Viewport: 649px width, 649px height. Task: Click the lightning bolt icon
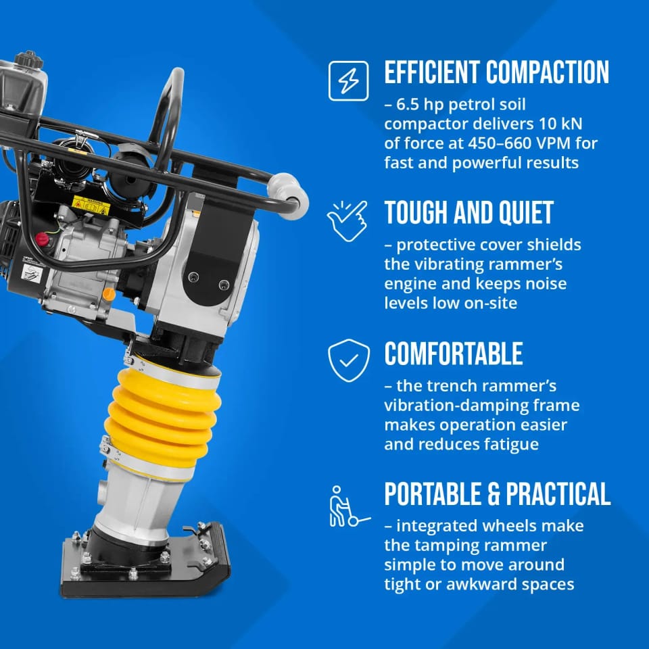coord(348,80)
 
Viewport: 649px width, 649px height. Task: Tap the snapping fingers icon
coord(347,220)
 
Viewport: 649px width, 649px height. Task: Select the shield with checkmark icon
coord(349,360)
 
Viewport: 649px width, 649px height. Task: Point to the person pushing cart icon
coord(349,506)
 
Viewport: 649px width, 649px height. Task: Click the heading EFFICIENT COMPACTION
coord(497,72)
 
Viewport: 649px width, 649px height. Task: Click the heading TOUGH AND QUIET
coord(469,213)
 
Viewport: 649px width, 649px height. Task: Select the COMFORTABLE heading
coord(454,354)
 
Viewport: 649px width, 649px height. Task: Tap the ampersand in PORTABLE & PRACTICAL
coord(494,494)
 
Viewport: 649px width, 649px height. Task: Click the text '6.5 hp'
coord(420,104)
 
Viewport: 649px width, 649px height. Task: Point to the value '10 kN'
coord(560,123)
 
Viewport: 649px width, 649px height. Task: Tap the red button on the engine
coord(42,239)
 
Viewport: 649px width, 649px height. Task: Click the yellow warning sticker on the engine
coord(91,206)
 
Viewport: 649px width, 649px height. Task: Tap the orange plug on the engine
coord(108,294)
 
